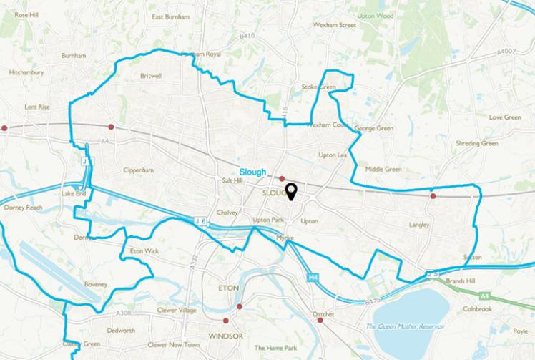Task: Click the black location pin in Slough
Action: coord(290,191)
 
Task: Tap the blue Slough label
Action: coord(252,172)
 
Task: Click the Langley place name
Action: coord(418,225)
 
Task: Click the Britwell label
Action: coord(151,74)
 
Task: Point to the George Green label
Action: coord(374,128)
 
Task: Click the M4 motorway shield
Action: coord(313,276)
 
